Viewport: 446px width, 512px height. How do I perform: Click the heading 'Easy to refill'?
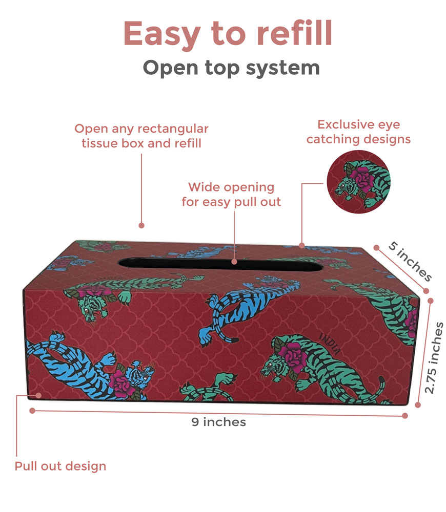228,34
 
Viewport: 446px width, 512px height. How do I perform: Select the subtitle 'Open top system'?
231,67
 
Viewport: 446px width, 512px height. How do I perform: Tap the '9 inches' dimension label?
218,422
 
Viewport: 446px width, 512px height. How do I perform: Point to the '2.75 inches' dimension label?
436,357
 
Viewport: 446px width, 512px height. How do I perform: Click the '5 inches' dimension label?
410,261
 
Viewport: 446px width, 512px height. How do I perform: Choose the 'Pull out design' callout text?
60,466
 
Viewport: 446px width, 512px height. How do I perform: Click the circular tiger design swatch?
358,182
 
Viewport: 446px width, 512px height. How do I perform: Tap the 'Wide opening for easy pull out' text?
231,195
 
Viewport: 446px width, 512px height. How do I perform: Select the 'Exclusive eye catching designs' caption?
358,132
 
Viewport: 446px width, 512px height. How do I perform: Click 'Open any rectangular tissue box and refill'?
141,136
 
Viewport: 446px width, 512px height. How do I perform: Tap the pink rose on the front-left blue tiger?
121,381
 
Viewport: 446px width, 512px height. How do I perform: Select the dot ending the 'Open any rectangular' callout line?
141,225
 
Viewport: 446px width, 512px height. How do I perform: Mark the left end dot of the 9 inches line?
32,410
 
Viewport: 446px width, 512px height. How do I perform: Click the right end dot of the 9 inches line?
405,416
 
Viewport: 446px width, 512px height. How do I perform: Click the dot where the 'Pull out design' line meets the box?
40,395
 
